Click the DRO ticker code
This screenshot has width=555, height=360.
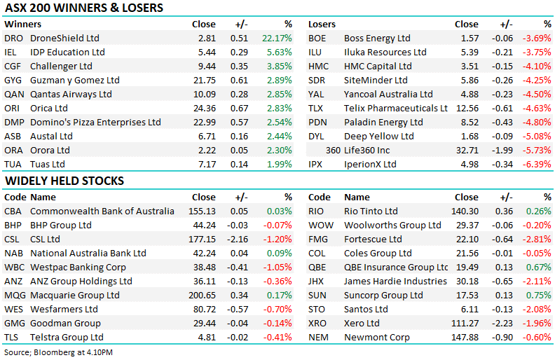13,38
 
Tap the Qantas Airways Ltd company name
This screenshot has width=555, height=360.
71,94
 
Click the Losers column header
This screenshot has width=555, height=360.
322,24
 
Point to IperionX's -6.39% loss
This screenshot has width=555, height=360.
537,164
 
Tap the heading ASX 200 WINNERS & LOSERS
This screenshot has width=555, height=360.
83,8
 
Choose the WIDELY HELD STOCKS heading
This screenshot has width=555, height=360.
64,181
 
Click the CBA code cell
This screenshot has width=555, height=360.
14,211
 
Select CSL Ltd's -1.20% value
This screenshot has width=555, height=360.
277,239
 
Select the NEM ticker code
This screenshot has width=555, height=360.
320,337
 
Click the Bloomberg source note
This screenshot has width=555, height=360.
58,352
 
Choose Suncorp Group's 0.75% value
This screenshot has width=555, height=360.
538,295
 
